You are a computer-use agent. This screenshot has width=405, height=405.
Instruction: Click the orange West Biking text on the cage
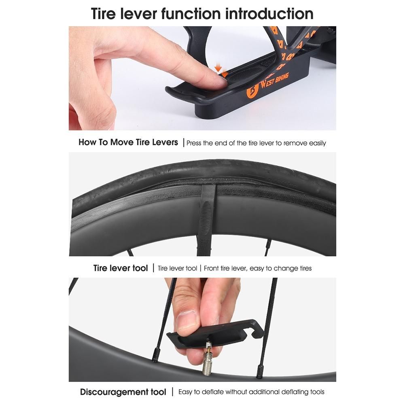pos(275,81)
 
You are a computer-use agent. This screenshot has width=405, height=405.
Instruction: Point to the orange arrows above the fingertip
pos(221,71)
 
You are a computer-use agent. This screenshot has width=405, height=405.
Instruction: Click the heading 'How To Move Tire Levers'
pos(128,142)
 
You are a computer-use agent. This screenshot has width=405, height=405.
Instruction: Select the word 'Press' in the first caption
pos(194,143)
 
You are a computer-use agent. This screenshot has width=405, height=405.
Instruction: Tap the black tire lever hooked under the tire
pos(206,220)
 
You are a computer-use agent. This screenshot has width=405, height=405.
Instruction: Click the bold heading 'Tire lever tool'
pos(121,268)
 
